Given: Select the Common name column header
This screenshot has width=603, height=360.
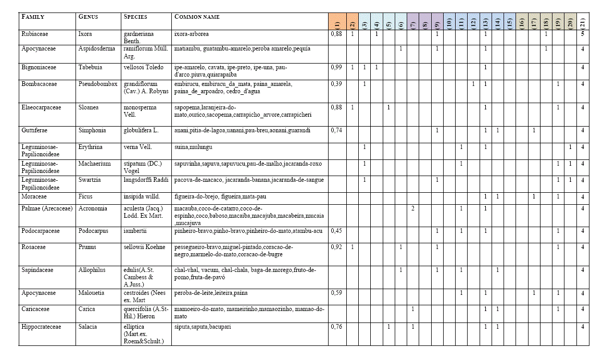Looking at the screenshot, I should (x=197, y=17).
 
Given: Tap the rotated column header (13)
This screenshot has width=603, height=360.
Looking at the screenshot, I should (x=485, y=23).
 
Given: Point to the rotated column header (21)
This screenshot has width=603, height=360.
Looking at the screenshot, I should (x=583, y=23).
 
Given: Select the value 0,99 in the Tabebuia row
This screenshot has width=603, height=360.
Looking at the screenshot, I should (x=337, y=67).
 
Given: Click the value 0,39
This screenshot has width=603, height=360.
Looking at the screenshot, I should (x=337, y=83).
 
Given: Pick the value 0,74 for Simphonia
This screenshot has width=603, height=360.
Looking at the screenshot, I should (x=337, y=130).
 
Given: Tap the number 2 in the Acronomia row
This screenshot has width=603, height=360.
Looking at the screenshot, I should (x=412, y=208).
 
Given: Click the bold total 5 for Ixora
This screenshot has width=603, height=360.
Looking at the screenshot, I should (x=583, y=34).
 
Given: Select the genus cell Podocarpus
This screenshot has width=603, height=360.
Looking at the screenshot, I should (x=94, y=231).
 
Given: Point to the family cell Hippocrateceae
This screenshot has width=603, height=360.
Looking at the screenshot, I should (x=41, y=327).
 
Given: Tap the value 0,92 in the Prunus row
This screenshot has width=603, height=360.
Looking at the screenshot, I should (x=337, y=247).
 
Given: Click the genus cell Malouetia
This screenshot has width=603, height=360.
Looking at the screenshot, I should (x=93, y=293).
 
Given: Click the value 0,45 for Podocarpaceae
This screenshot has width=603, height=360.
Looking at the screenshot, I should (x=337, y=231).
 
